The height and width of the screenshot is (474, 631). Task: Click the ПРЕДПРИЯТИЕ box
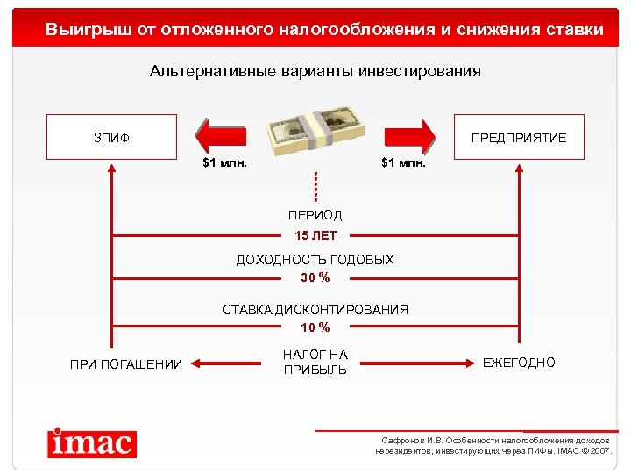[x=519, y=137]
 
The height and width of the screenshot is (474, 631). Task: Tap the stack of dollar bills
[x=315, y=126]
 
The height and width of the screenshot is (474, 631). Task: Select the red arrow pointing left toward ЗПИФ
[x=221, y=137]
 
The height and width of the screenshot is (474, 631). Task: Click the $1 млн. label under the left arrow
[x=224, y=162]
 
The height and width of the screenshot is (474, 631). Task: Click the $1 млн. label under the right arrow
[x=403, y=162]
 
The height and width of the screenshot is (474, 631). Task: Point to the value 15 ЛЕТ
[x=315, y=235]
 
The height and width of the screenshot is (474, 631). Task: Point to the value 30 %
[x=315, y=277]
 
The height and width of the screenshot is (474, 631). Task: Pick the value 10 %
[x=315, y=327]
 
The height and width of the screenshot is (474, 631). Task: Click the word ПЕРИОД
[x=315, y=215]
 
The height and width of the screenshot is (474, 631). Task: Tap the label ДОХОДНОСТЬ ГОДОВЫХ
[x=315, y=260]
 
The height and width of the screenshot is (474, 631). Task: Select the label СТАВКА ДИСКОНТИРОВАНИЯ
[x=315, y=310]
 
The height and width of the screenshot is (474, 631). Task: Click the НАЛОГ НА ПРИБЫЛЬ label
[x=315, y=362]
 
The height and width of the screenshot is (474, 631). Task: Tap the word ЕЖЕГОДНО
[x=519, y=363]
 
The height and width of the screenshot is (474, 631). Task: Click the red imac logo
[x=92, y=442]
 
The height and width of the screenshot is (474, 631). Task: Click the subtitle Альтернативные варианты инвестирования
[x=315, y=71]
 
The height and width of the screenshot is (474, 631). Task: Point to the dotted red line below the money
[x=315, y=185]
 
